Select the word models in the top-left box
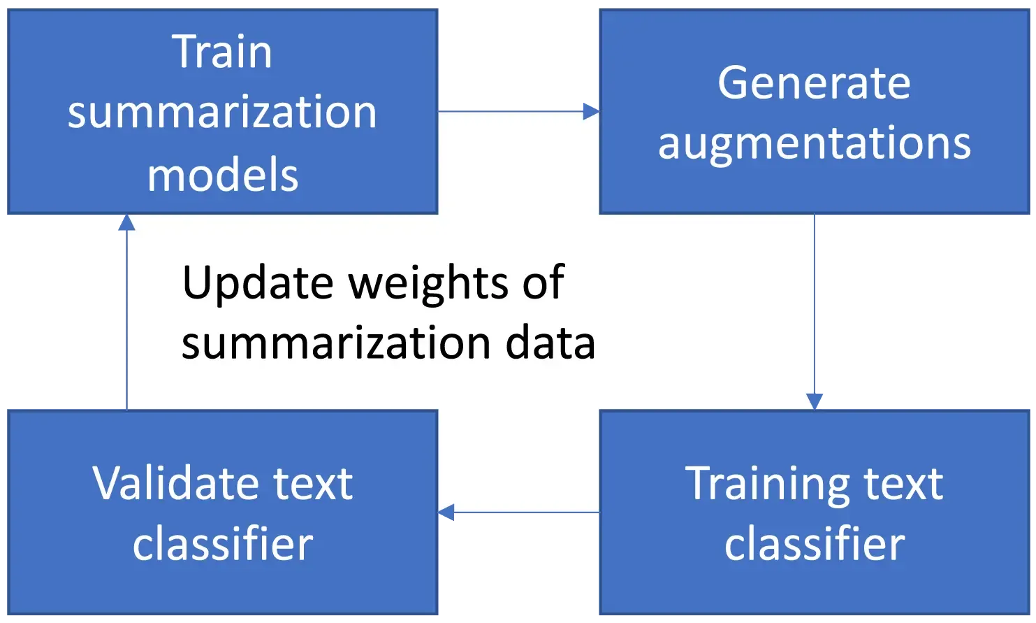pos(223,175)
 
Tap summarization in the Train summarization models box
pos(222,113)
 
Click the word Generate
pos(814,83)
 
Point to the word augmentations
pos(814,144)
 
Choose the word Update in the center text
pos(257,283)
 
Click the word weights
pos(428,283)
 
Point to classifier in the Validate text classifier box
pos(223,544)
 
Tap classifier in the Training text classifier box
pos(814,544)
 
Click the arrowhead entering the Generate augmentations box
pos(590,110)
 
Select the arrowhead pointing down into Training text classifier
pos(815,401)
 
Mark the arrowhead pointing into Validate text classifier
pos(448,515)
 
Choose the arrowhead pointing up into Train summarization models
pos(126,223)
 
